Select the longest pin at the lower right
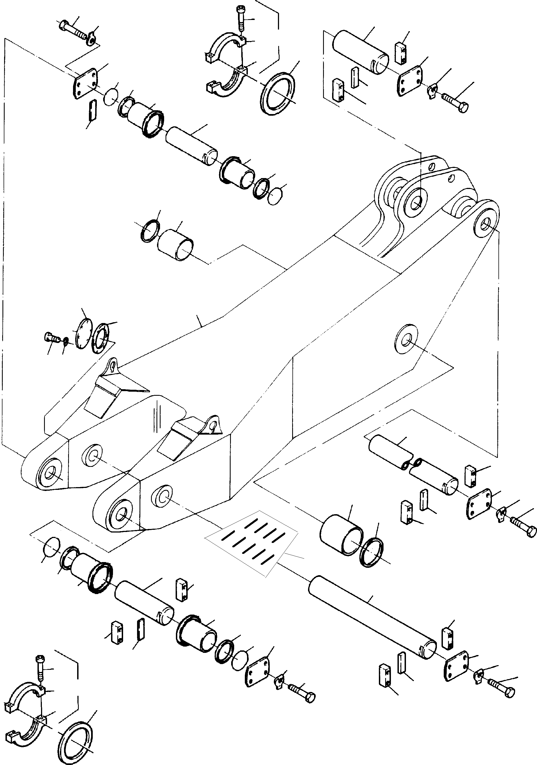pos(372,617)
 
